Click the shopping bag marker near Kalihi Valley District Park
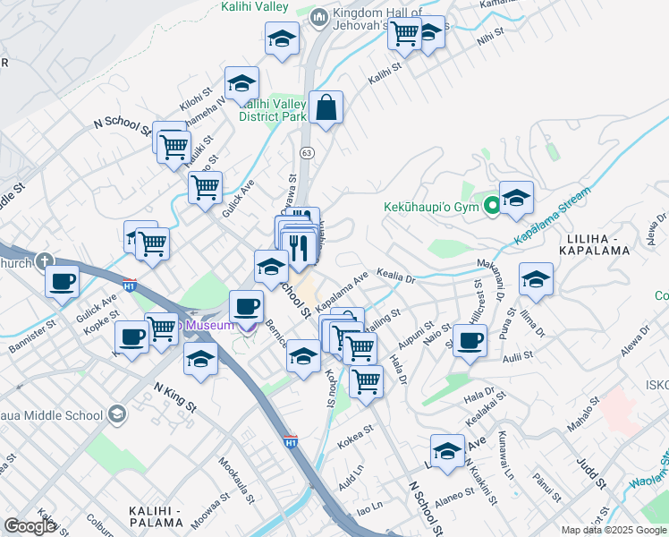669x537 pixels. pyautogui.click(x=326, y=107)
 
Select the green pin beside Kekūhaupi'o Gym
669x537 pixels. pyautogui.click(x=491, y=207)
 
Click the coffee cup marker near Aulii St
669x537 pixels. pyautogui.click(x=470, y=340)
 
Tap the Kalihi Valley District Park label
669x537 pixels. pyautogui.click(x=274, y=110)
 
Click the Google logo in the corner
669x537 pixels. pyautogui.click(x=30, y=526)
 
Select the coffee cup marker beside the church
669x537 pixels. pyautogui.click(x=62, y=280)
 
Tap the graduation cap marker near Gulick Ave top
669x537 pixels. pyautogui.click(x=241, y=84)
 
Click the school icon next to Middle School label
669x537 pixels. pyautogui.click(x=116, y=414)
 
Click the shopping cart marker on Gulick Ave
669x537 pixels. pyautogui.click(x=205, y=188)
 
